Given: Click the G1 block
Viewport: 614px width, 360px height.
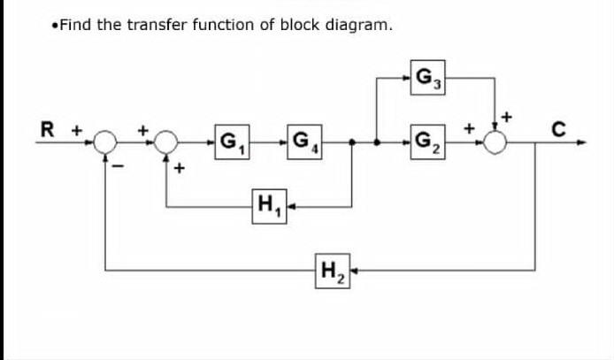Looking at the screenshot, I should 234,141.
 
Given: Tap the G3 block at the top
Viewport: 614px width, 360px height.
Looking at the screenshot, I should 428,77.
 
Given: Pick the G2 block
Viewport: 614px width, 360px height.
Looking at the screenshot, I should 428,141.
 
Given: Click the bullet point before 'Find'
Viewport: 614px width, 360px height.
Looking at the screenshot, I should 56,26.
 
